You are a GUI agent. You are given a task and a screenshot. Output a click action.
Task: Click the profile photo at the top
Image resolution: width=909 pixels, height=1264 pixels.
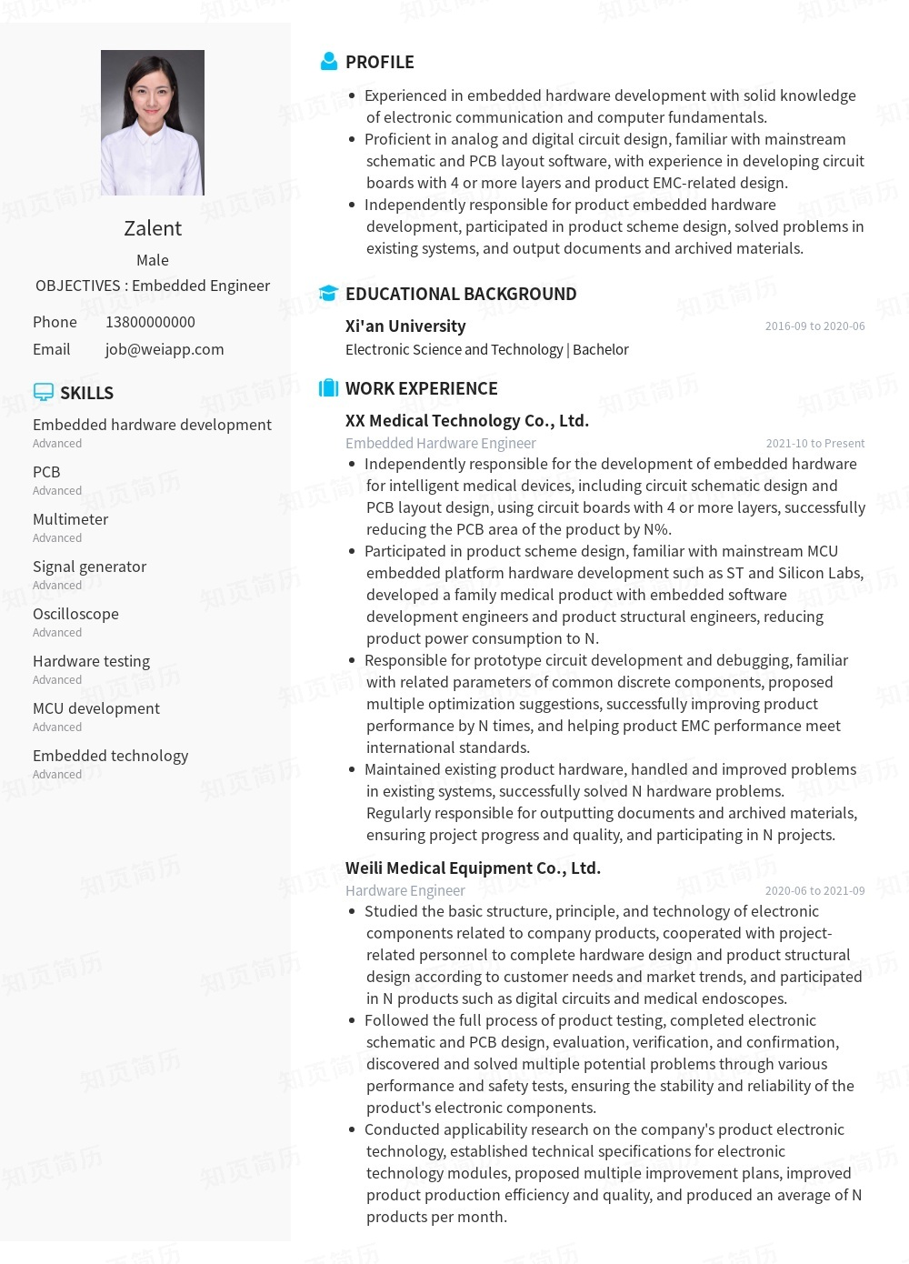point(153,123)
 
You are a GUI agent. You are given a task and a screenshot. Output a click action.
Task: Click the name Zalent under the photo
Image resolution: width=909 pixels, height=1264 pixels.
point(153,228)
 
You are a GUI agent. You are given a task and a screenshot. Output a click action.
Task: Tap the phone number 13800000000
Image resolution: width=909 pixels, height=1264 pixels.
point(150,322)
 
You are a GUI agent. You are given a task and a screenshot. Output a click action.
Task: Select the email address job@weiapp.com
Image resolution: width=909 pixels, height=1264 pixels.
point(165,349)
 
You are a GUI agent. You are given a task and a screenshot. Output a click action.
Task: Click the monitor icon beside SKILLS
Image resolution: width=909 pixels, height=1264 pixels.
point(43,392)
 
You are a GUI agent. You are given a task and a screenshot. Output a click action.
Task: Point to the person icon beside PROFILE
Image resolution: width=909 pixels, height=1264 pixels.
point(329,62)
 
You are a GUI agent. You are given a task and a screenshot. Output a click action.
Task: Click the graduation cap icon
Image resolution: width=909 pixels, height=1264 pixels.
point(328,293)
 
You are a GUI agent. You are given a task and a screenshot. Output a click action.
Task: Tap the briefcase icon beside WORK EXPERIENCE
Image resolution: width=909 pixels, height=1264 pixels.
point(328,388)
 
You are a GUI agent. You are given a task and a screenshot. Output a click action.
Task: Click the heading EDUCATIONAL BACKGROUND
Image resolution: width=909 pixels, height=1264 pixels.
point(460,294)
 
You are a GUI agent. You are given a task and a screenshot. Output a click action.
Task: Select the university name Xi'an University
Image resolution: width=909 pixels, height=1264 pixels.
point(405,326)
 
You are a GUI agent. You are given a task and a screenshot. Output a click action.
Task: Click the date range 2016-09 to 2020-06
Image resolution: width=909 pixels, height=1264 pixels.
point(814,326)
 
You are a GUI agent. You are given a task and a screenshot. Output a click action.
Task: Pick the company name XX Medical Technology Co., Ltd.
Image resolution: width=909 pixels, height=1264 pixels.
point(466,420)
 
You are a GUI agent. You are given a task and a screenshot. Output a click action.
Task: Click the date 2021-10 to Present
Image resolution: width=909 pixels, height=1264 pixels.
point(814,443)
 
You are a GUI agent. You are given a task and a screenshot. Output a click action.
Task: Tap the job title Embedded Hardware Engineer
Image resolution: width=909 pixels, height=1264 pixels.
point(440,443)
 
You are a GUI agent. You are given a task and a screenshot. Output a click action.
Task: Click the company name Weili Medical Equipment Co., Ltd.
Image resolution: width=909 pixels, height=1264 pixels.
point(473,868)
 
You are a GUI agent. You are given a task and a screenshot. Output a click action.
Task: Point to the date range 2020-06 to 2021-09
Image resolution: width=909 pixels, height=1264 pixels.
point(814,890)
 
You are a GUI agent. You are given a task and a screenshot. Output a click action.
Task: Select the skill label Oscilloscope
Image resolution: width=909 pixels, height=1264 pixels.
point(75,614)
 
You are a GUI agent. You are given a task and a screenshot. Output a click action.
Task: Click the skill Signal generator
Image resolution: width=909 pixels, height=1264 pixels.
point(89,567)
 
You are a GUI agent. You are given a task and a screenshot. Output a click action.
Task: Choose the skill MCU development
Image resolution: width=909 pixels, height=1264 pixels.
point(95,708)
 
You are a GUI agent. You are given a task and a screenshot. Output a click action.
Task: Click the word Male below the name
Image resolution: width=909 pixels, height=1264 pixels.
point(153,260)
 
